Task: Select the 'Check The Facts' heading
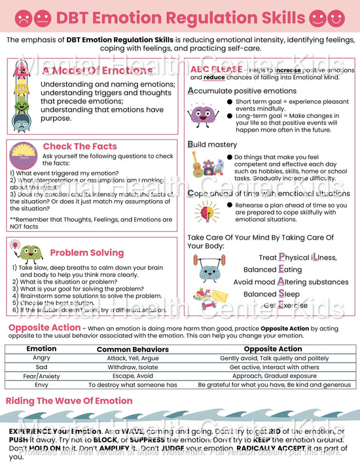coord(80,147)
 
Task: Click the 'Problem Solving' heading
coord(86,253)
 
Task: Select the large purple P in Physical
coord(282,257)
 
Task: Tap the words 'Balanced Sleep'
coord(272,294)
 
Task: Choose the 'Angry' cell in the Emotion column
coord(41,358)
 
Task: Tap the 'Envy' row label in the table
coord(41,385)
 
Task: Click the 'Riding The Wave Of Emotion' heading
coord(69,401)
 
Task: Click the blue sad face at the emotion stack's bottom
coord(22,121)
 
